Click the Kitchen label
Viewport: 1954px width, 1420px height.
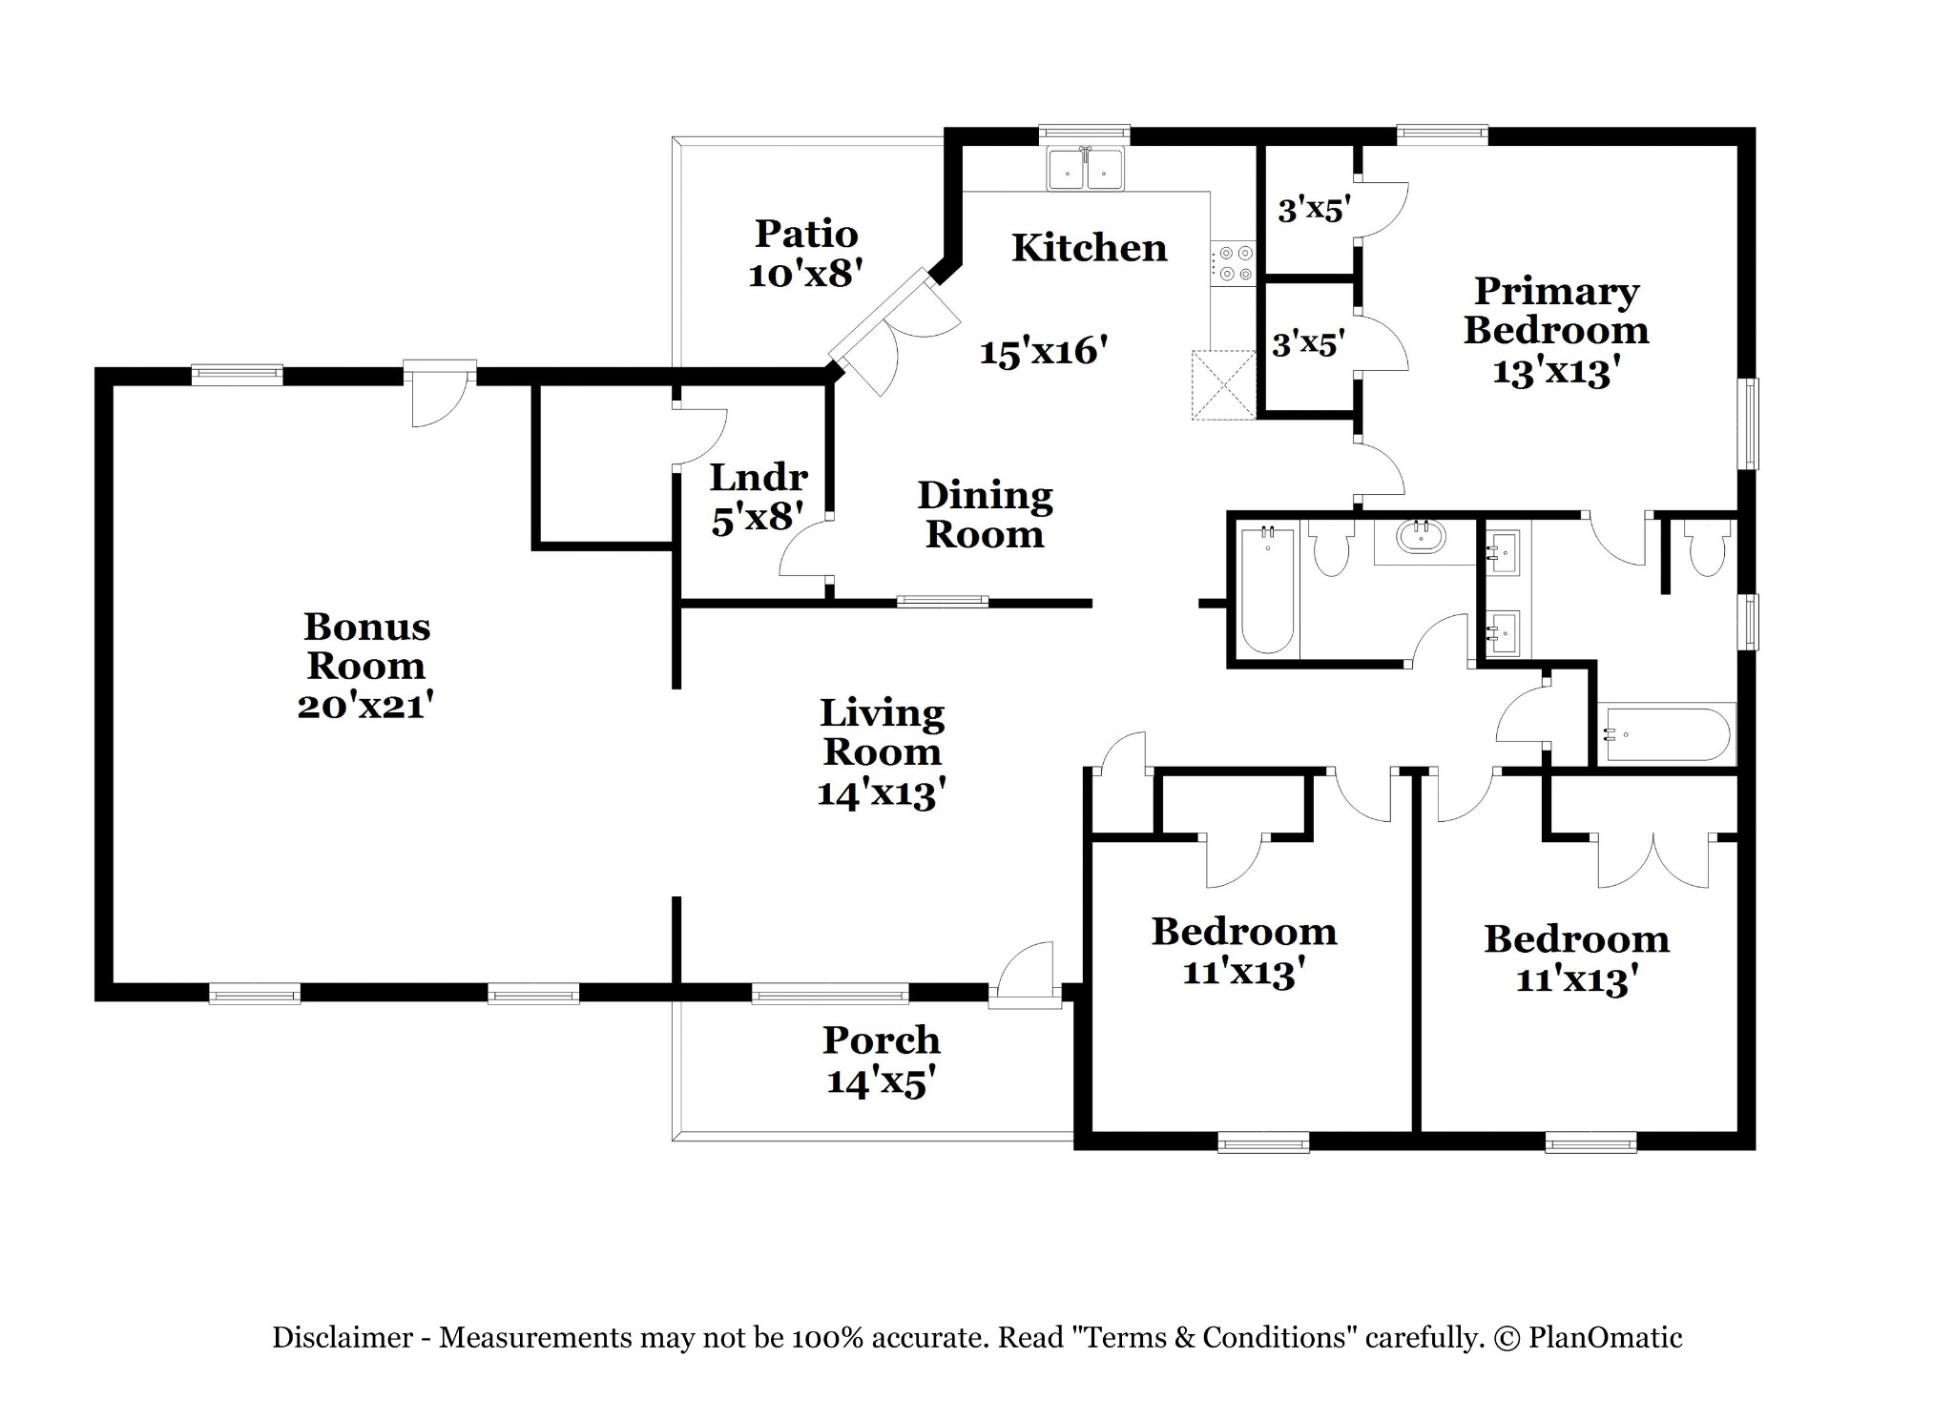(x=1089, y=248)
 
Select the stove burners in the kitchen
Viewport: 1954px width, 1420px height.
(x=1234, y=264)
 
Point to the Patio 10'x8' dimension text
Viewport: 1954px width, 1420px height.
(x=806, y=276)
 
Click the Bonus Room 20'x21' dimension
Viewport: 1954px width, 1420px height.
(x=366, y=707)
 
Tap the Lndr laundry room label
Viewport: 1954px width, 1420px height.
(x=759, y=477)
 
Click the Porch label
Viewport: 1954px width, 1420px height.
(x=881, y=1039)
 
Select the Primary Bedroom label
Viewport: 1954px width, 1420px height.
(x=1556, y=311)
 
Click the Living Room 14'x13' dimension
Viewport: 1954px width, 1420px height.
(x=882, y=793)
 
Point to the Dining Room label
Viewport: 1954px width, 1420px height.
(x=985, y=515)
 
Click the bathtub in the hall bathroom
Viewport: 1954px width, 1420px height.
(x=1267, y=590)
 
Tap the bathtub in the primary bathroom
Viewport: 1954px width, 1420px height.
(x=1667, y=733)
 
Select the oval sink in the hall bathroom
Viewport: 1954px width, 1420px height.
(x=1421, y=538)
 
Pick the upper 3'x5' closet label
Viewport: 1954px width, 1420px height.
(x=1315, y=209)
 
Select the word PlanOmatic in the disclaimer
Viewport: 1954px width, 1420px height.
(x=1605, y=1337)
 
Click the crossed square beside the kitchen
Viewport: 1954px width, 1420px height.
(x=1223, y=385)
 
